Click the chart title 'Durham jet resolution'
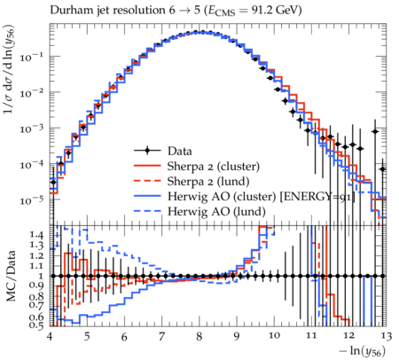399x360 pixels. (107, 11)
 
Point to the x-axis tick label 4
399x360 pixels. (50, 336)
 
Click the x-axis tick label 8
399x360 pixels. (199, 336)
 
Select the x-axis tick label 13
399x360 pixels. (386, 336)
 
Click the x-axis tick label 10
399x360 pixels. (274, 336)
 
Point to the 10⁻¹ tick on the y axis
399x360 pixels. (31, 56)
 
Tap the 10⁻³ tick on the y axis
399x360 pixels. (31, 128)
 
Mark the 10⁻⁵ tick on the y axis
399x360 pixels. (31, 200)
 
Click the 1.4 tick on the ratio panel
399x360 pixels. (37, 235)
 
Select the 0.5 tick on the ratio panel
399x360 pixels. (37, 325)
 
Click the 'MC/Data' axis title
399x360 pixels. (12, 276)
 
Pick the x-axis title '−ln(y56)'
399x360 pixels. (363, 351)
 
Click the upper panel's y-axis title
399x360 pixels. (9, 69)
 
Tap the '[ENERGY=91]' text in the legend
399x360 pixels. (317, 197)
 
